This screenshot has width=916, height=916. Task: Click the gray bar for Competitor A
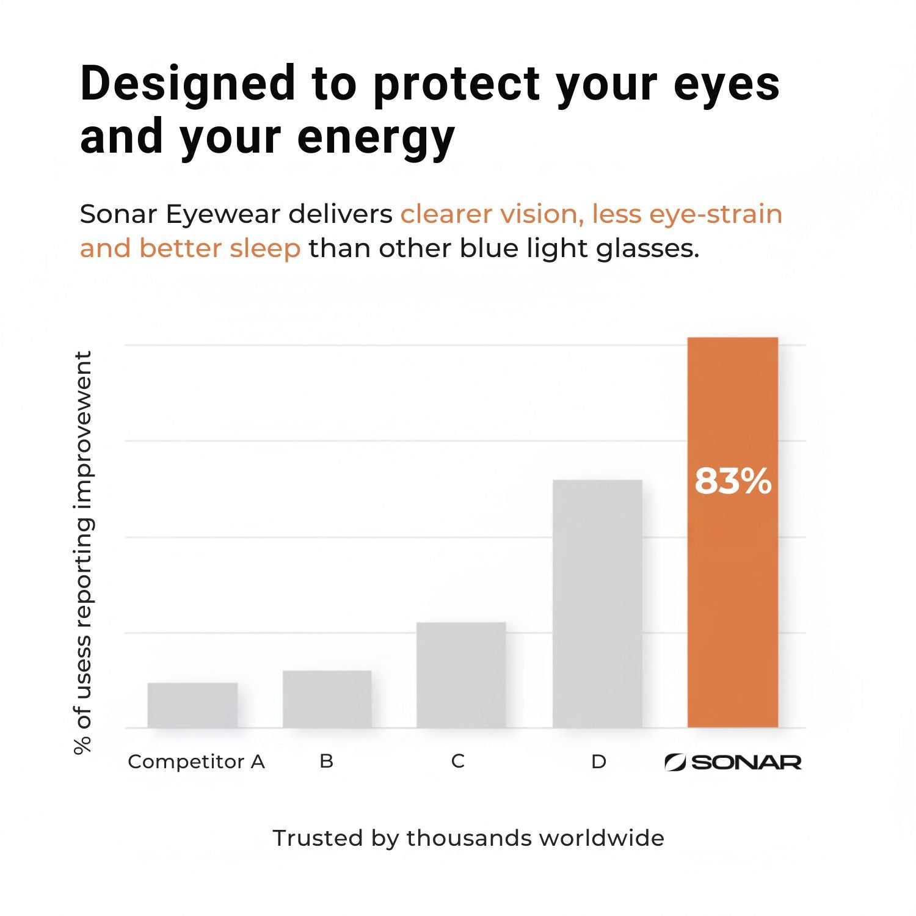192,705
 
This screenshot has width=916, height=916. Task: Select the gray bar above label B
327,699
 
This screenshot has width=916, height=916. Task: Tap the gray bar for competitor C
461,675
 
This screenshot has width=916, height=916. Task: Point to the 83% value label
733,481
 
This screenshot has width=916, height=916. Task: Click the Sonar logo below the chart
733,762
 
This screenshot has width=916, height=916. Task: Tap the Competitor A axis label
196,762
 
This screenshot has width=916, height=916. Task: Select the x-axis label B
327,761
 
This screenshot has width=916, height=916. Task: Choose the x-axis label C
458,761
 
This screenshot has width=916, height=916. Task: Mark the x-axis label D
598,762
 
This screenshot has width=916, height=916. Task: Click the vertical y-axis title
83,553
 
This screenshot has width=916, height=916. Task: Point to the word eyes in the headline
727,84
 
